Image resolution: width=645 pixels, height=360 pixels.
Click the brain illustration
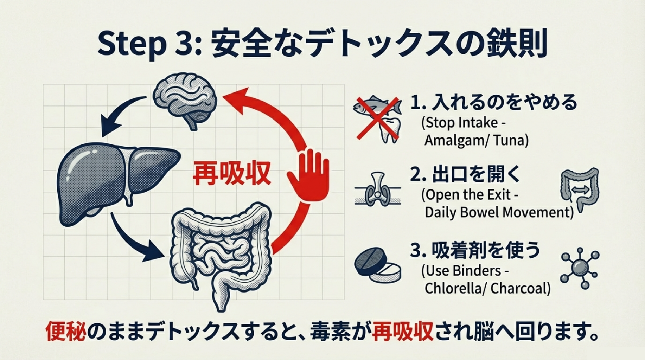tap(184, 100)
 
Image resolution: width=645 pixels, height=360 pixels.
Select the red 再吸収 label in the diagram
tap(232, 173)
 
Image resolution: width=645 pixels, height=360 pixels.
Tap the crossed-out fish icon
tap(377, 109)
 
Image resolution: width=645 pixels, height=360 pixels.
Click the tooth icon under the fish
tap(390, 130)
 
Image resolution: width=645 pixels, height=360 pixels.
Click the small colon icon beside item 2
tap(580, 188)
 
